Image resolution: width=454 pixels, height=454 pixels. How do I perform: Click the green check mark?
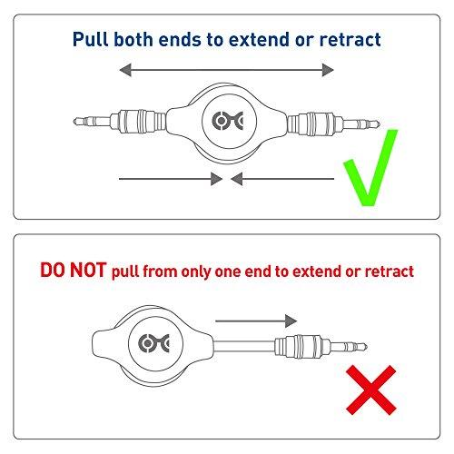pos(370,168)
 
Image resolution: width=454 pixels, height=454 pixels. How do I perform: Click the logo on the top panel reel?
pos(227,122)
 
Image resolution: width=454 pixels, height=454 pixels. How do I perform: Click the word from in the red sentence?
pos(170,271)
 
